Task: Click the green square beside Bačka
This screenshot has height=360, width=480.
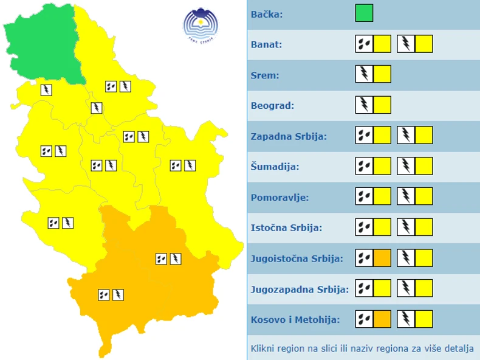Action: coord(364,13)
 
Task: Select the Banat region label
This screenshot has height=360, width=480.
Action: coord(266,44)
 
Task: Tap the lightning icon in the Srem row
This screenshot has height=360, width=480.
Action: coord(364,74)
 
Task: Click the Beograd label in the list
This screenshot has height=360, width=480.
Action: coord(272,105)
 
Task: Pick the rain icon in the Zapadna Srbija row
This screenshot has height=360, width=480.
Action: coord(364,135)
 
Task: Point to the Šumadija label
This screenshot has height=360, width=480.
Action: coord(275,166)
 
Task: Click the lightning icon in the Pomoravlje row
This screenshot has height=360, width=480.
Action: coord(406,196)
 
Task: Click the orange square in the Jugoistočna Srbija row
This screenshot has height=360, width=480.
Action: coord(382,258)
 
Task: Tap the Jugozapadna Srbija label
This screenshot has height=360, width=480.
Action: coord(300,289)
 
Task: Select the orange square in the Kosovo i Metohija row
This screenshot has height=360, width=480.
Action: coord(382,319)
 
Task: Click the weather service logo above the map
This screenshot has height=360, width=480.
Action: coord(201,24)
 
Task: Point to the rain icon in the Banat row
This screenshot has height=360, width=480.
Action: coord(364,44)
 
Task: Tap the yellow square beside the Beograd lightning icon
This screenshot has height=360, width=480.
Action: coord(382,105)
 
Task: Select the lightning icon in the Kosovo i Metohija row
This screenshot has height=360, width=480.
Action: coord(406,319)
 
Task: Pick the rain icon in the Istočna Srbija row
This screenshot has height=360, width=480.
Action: coord(364,227)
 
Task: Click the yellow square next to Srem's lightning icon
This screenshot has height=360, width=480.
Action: coord(382,74)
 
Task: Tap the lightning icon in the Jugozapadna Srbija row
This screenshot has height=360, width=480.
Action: coord(406,289)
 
